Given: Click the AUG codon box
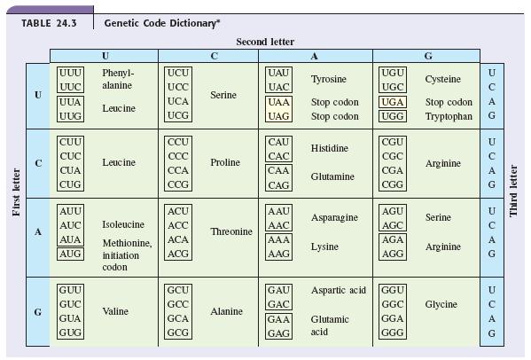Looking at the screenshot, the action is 70,254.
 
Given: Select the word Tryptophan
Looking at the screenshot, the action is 449,116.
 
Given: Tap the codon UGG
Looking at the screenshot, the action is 393,116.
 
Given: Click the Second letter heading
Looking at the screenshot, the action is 265,42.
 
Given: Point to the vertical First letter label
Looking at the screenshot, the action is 16,192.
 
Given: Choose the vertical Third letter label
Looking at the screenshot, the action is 513,191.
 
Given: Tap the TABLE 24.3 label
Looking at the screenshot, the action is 49,23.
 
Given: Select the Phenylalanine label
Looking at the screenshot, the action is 118,79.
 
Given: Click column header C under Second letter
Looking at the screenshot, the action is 214,56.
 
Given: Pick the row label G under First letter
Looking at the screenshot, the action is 38,311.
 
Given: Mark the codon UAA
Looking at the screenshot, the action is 278,102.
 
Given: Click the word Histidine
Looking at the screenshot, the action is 330,148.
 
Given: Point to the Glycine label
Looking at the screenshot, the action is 441,304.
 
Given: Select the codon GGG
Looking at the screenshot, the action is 393,333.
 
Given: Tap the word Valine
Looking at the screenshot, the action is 115,311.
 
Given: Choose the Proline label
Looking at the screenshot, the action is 225,162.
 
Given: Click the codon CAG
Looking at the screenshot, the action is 278,185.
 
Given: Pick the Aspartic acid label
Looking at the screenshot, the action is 339,290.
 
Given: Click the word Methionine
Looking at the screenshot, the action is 127,243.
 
